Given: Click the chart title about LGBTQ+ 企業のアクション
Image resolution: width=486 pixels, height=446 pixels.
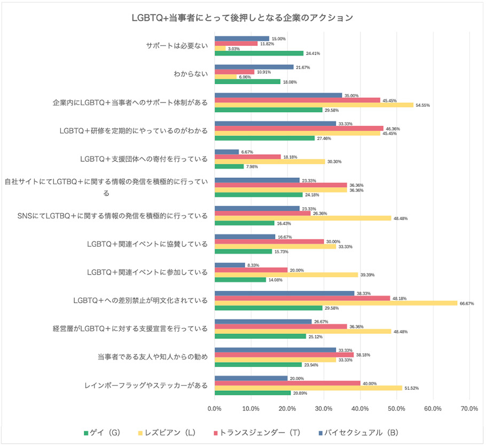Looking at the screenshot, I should [x=242, y=18].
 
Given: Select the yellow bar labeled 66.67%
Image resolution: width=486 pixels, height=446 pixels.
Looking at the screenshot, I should [x=336, y=303].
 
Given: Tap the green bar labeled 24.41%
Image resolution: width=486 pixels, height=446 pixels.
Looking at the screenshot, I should [x=259, y=53].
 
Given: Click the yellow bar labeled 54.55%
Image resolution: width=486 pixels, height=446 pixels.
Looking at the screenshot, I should [x=314, y=105].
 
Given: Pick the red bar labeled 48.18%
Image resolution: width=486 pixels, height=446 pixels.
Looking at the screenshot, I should [x=302, y=298].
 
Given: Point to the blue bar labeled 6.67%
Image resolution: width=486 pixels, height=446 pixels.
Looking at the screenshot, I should [x=226, y=152].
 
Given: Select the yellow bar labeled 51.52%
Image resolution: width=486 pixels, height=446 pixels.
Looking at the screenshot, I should [x=308, y=388].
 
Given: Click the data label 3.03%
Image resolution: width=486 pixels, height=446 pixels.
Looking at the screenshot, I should [x=233, y=49].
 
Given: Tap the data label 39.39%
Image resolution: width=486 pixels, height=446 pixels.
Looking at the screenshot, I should [x=368, y=275].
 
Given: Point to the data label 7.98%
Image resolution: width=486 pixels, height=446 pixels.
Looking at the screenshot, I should [x=254, y=166].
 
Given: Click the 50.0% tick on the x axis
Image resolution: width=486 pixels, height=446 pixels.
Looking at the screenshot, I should [x=396, y=409].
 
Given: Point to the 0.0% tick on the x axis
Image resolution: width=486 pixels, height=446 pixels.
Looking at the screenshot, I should [x=215, y=409].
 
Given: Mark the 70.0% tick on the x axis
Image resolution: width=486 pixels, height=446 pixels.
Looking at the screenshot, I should [x=469, y=409].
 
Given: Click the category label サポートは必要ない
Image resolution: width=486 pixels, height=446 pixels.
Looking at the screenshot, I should [x=177, y=46].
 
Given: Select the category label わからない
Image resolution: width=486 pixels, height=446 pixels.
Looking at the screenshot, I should [x=190, y=74].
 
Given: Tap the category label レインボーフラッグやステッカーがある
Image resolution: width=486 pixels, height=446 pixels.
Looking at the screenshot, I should [x=146, y=385].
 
